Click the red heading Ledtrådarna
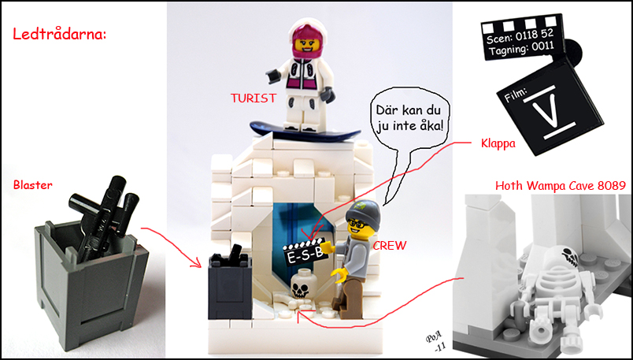pyautogui.click(x=59, y=34)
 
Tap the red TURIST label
pyautogui.click(x=254, y=98)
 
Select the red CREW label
pyautogui.click(x=389, y=246)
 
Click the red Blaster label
pyautogui.click(x=33, y=185)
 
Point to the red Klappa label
pyautogui.click(x=498, y=143)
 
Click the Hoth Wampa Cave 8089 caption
pyautogui.click(x=561, y=186)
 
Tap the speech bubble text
pyautogui.click(x=409, y=118)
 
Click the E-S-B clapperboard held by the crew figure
pyautogui.click(x=305, y=252)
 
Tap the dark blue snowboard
pyautogui.click(x=305, y=132)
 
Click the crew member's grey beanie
pyautogui.click(x=363, y=212)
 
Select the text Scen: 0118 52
pyautogui.click(x=520, y=36)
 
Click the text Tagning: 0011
pyautogui.click(x=521, y=49)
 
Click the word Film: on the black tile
pyautogui.click(x=516, y=95)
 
